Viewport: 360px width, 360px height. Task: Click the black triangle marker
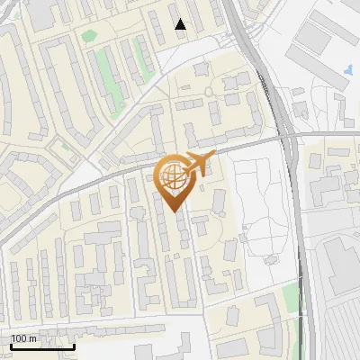click(181, 24)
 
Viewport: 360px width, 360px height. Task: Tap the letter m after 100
click(33, 338)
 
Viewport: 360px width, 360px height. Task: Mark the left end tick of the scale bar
click(11, 346)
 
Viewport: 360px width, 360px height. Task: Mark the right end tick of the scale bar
click(74, 346)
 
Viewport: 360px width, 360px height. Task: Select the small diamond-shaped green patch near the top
click(88, 37)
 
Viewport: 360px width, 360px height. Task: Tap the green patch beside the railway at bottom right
click(290, 297)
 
